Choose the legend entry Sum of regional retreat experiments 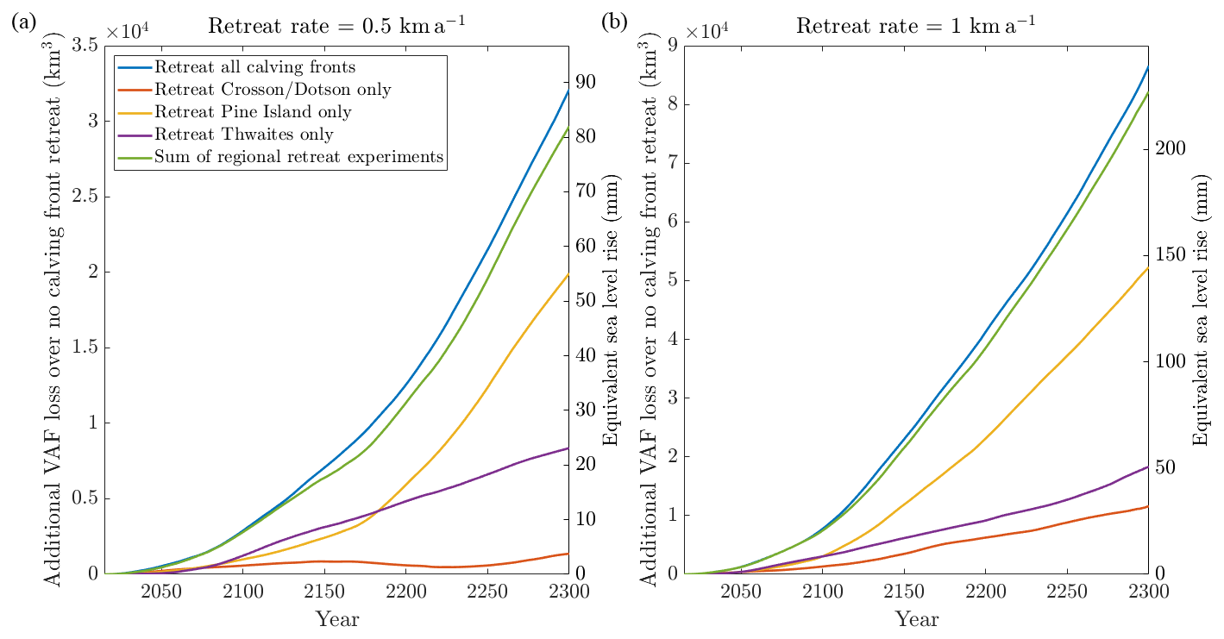pyautogui.click(x=298, y=157)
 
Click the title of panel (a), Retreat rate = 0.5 pyautogui.click(x=337, y=26)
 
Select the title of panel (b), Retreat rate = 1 pyautogui.click(x=915, y=26)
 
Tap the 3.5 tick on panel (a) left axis pyautogui.click(x=85, y=46)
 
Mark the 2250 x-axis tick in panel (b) pyautogui.click(x=1067, y=592)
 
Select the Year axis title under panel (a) pyautogui.click(x=337, y=619)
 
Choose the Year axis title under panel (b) pyautogui.click(x=917, y=619)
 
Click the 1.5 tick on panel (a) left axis pyautogui.click(x=85, y=348)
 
